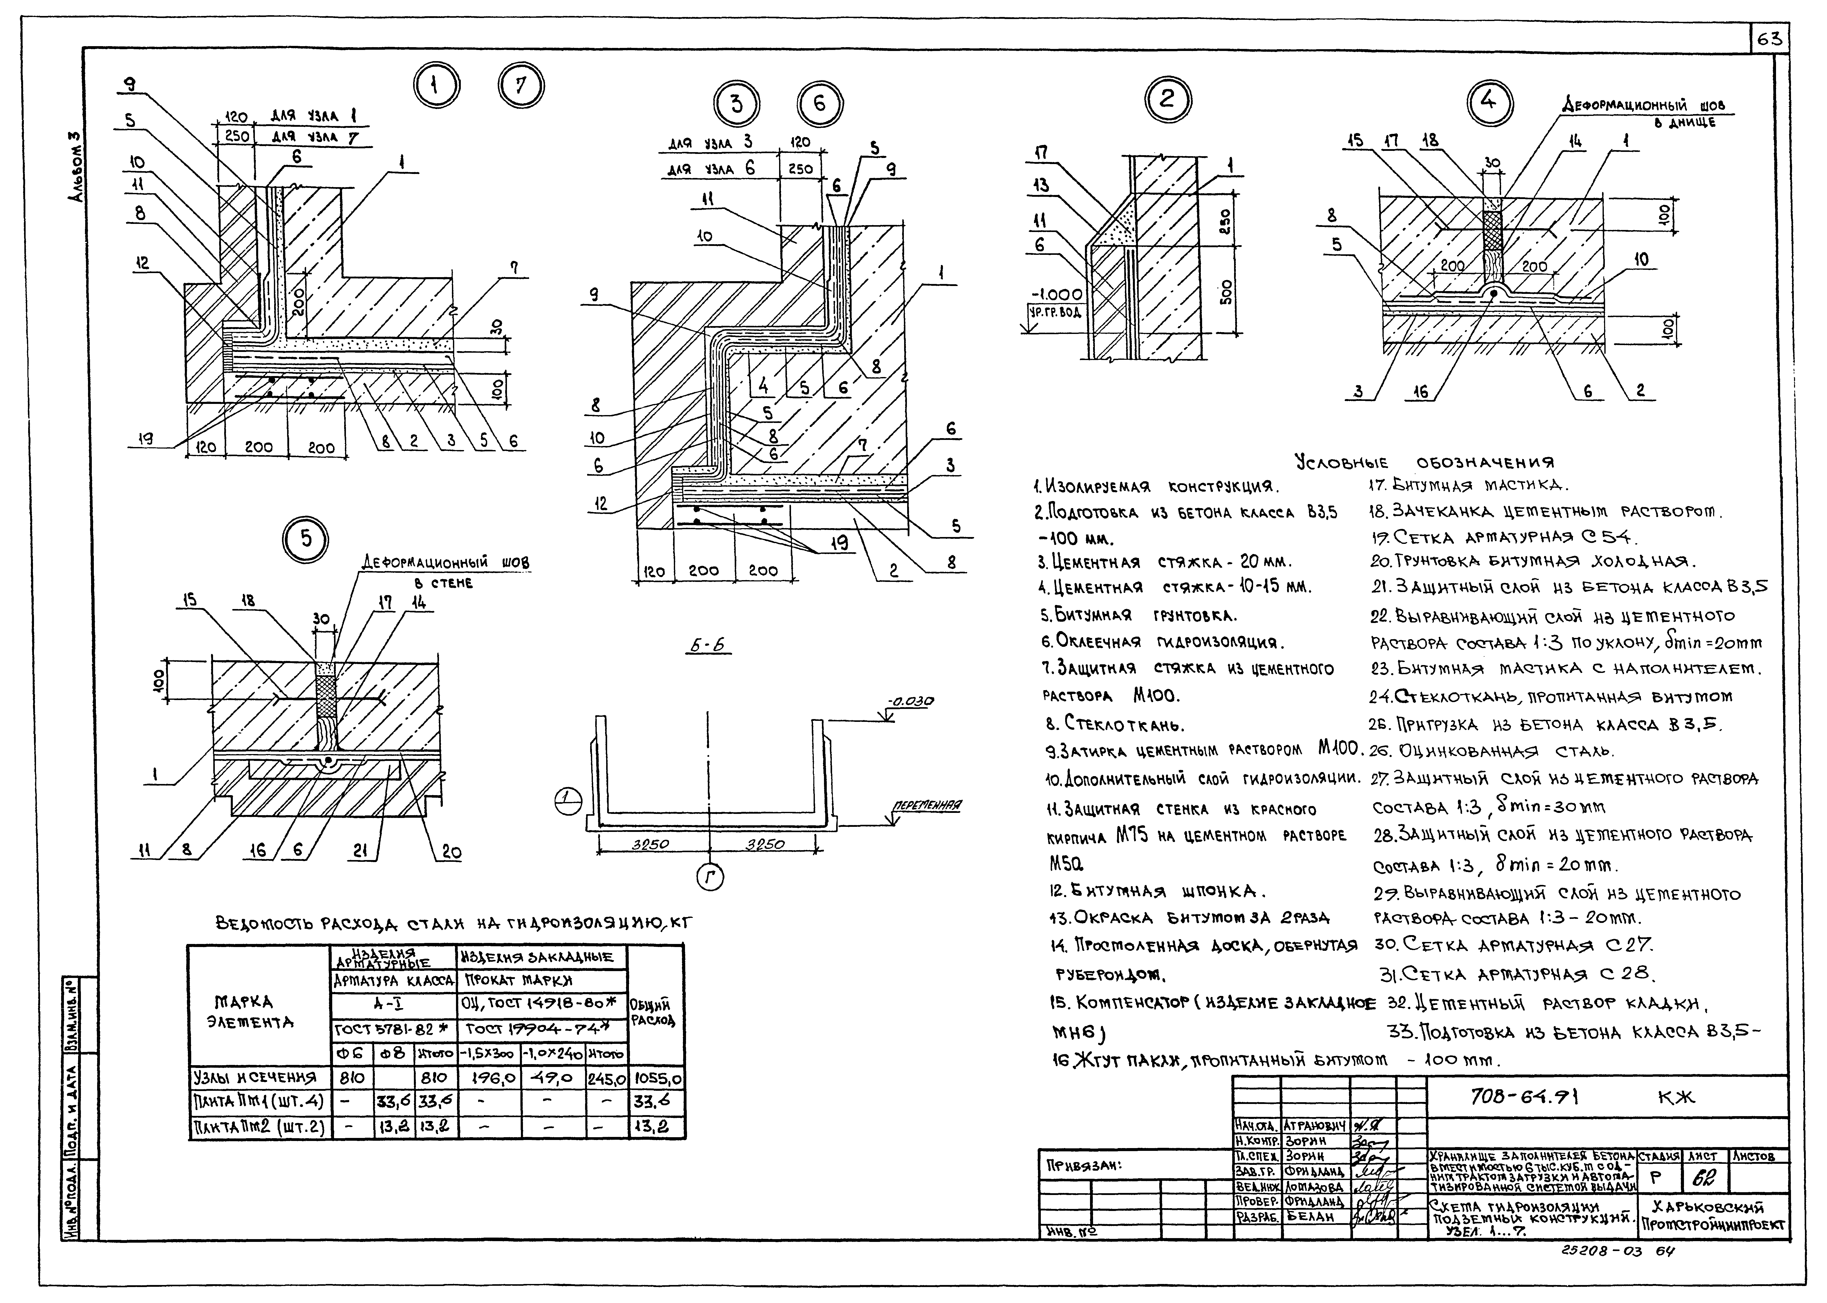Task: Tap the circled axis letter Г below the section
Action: click(x=709, y=880)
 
